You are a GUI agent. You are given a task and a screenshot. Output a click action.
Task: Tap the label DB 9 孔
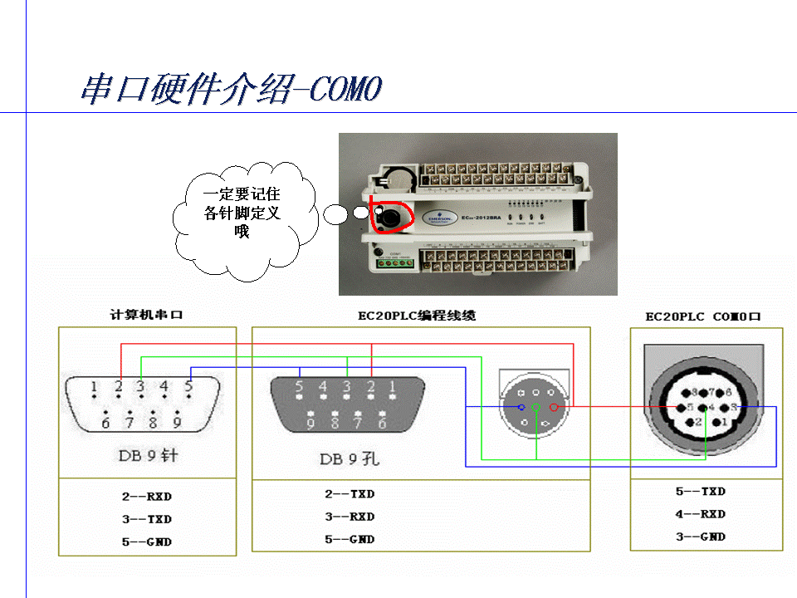tap(350, 458)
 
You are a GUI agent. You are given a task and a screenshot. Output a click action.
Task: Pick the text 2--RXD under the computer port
tap(146, 497)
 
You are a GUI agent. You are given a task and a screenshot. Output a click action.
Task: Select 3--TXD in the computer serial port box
tap(146, 519)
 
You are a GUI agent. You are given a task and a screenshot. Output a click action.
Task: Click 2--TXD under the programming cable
tap(350, 493)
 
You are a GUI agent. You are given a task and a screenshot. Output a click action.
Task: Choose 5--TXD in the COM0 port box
tap(701, 491)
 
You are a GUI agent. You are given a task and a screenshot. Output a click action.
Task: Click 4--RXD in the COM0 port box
tap(701, 513)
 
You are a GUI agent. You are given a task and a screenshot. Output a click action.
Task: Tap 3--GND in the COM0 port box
tap(701, 537)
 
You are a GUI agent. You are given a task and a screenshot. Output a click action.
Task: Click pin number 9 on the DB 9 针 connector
tap(177, 423)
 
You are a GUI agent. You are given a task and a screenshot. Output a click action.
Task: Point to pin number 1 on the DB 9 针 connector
tap(95, 386)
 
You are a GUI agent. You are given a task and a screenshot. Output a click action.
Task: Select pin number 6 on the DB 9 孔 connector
tap(382, 424)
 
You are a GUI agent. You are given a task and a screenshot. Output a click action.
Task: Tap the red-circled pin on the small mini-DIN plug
tap(554, 407)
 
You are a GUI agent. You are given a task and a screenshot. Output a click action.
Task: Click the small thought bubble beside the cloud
tap(335, 216)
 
